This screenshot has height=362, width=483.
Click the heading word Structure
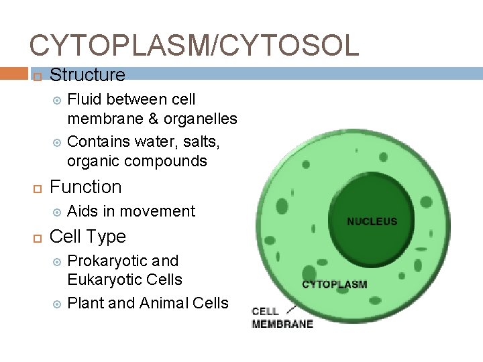pyautogui.click(x=87, y=74)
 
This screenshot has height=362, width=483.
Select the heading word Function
pyautogui.click(x=86, y=186)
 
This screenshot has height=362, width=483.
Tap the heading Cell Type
pyautogui.click(x=88, y=236)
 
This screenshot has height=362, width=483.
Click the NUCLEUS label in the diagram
pyautogui.click(x=372, y=221)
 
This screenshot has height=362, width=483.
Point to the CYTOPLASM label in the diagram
pyautogui.click(x=334, y=284)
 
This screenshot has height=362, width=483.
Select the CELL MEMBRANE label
pyautogui.click(x=282, y=318)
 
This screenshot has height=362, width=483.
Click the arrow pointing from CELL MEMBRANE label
pyautogui.click(x=292, y=309)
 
